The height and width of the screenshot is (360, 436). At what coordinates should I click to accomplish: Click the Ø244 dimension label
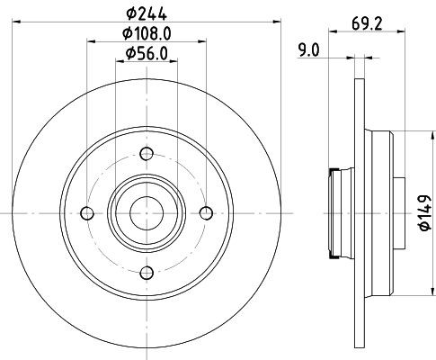click(147, 14)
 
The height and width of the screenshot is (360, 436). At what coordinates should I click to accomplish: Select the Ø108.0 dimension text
click(147, 33)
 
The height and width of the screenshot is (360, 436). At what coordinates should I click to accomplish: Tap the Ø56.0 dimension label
click(147, 54)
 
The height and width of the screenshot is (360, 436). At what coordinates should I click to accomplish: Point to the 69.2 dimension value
click(367, 24)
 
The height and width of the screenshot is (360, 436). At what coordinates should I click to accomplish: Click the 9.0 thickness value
click(309, 50)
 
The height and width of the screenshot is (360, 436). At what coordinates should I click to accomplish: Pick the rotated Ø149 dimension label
click(425, 213)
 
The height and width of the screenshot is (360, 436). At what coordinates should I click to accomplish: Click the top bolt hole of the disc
click(147, 154)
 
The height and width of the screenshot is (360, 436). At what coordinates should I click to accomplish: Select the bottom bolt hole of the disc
click(147, 273)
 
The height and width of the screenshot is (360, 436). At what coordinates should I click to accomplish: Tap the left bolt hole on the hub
click(87, 213)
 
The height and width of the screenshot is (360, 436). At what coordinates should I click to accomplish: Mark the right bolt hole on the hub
click(206, 213)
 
